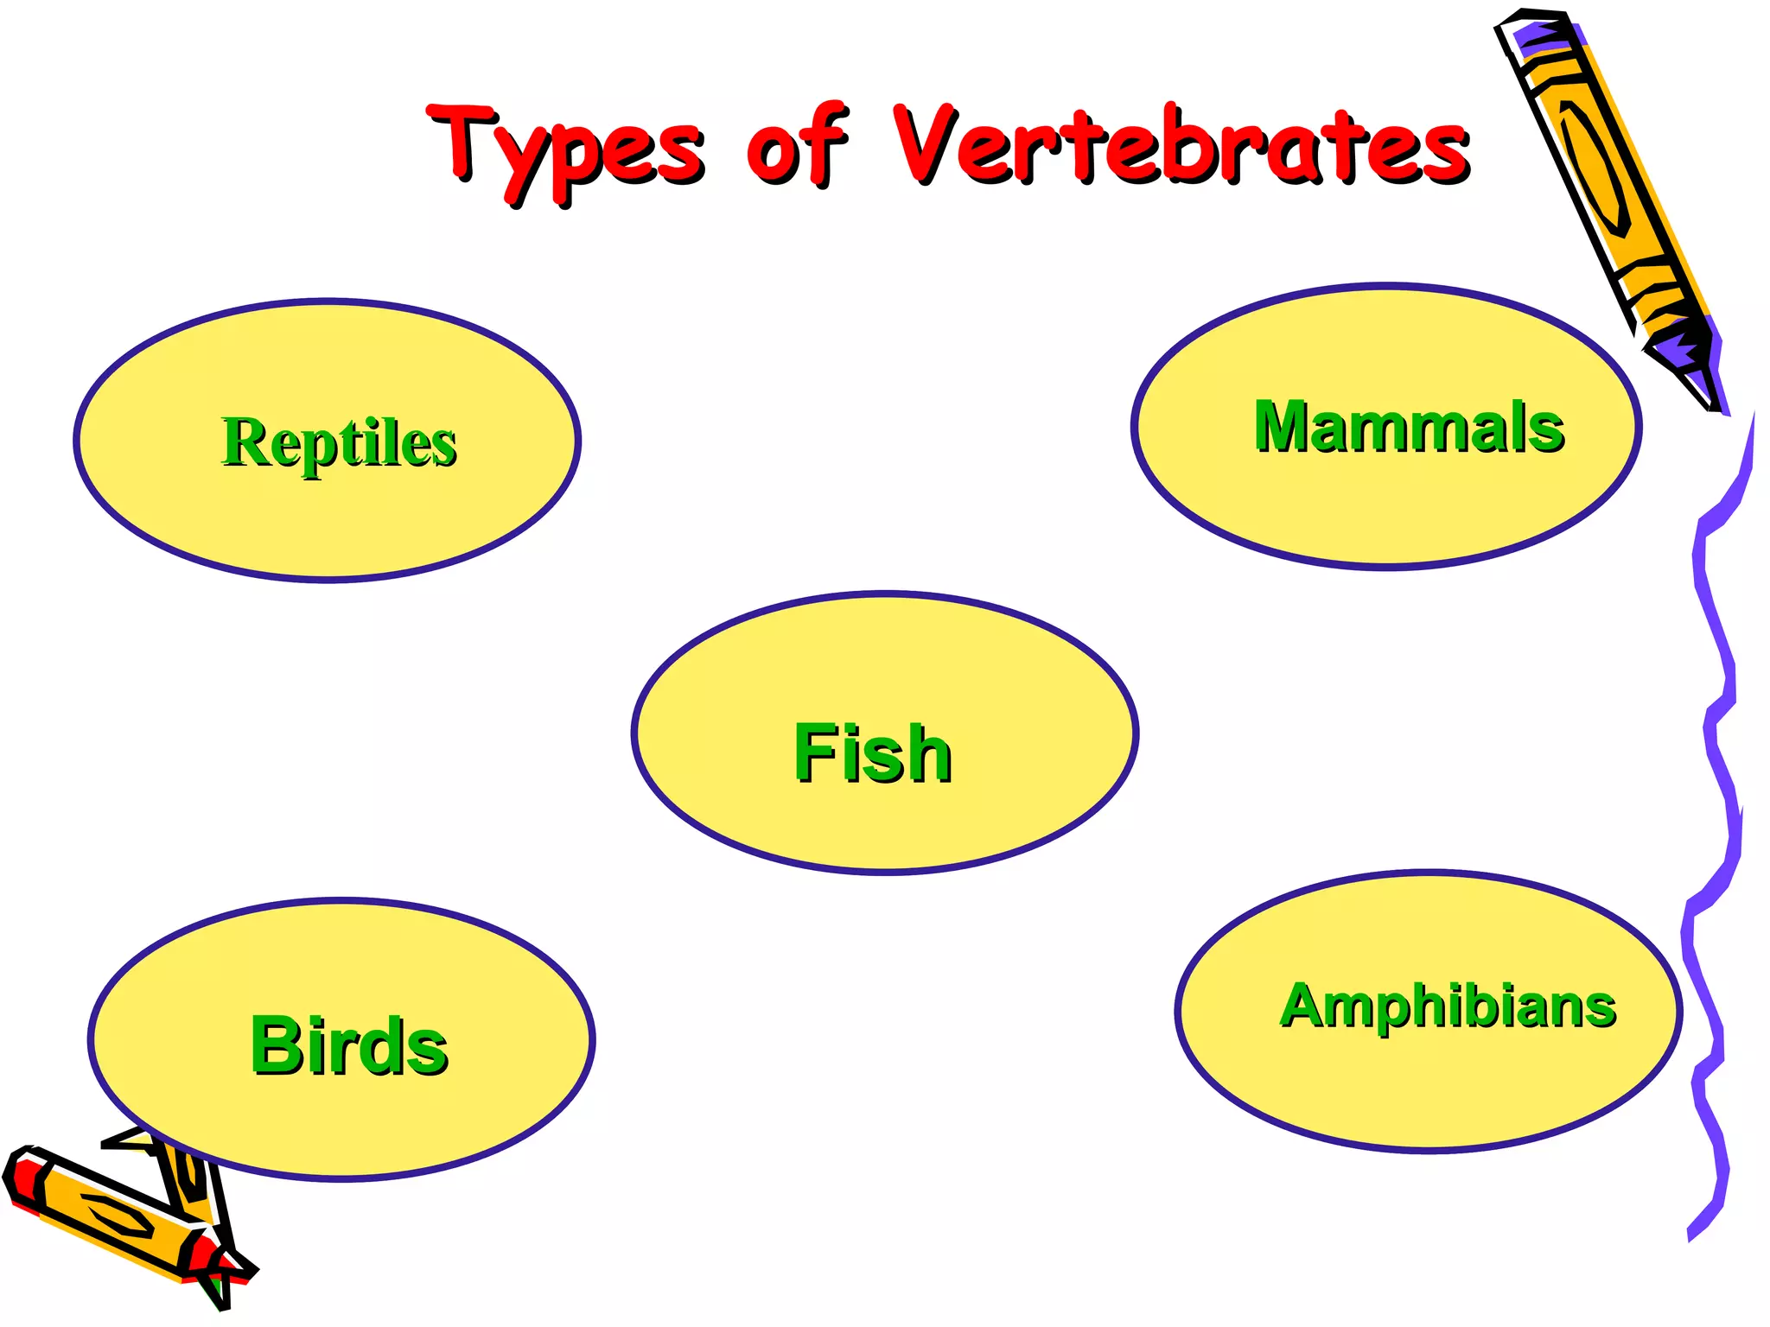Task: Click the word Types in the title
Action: pyautogui.click(x=566, y=147)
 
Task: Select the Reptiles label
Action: pyautogui.click(x=339, y=442)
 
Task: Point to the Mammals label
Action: pyautogui.click(x=1408, y=427)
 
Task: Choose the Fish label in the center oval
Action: pyautogui.click(x=872, y=753)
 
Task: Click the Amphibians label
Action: pyautogui.click(x=1447, y=1006)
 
